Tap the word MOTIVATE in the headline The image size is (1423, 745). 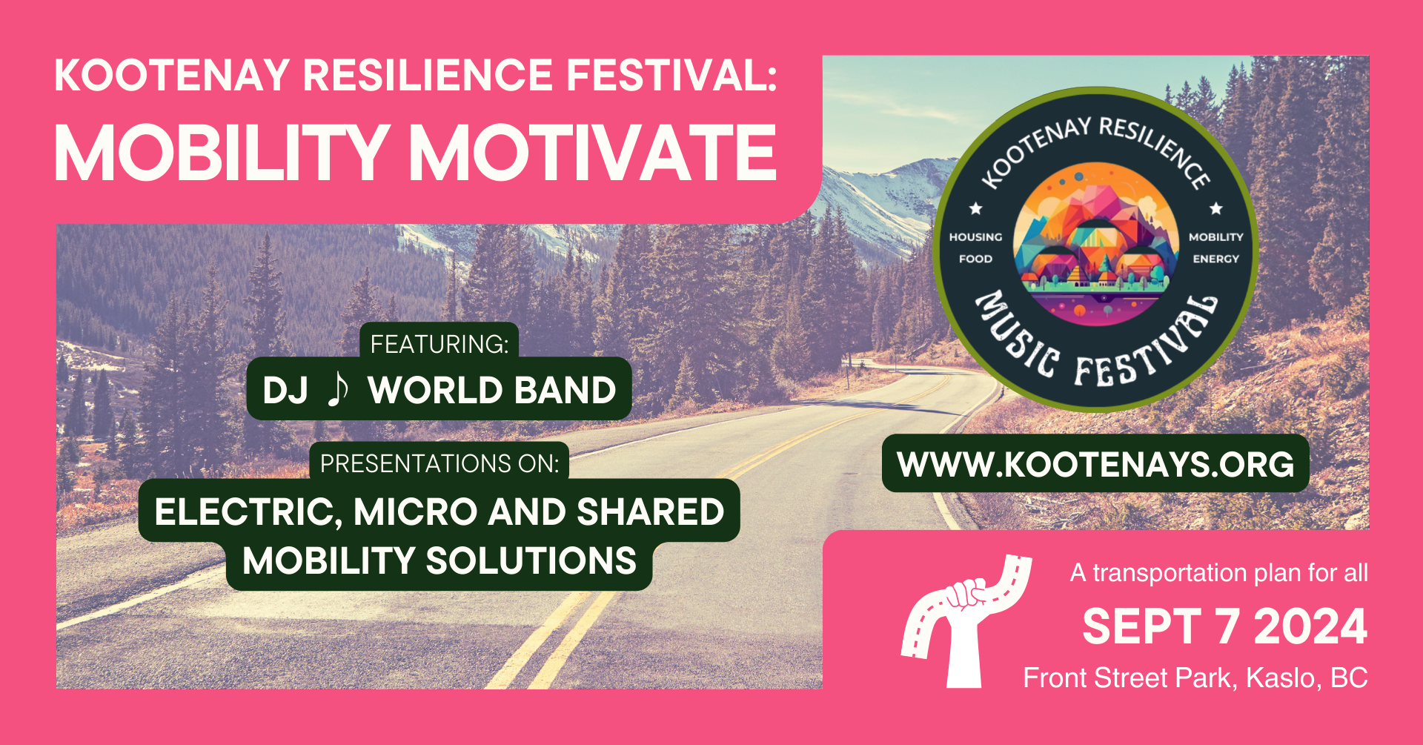click(593, 153)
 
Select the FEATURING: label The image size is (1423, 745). click(439, 345)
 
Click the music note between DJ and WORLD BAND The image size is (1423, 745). click(337, 389)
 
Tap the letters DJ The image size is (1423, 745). click(285, 390)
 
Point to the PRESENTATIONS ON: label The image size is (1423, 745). click(439, 464)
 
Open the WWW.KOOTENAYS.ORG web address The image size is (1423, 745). click(1095, 465)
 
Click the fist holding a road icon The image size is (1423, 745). click(963, 621)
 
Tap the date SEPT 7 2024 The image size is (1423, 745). click(1225, 627)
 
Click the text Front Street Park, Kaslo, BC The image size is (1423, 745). click(1195, 678)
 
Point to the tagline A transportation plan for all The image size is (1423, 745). click(1219, 573)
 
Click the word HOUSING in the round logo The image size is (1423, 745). click(975, 237)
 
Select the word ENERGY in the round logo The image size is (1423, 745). click(1215, 259)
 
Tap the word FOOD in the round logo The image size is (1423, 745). click(975, 259)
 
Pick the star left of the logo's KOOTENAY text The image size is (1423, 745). click(976, 209)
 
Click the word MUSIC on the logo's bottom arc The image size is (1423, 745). click(1017, 333)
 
